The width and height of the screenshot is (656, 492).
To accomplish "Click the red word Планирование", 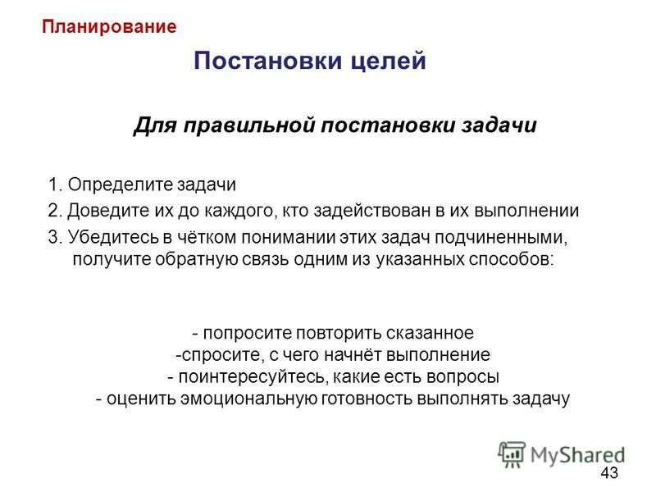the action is (x=109, y=27).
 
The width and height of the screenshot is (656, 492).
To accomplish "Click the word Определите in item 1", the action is (x=120, y=185).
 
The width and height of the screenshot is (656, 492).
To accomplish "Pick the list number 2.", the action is (x=55, y=211).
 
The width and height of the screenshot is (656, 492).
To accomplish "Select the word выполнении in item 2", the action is (x=526, y=211).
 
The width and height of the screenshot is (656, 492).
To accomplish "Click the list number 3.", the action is (x=55, y=237).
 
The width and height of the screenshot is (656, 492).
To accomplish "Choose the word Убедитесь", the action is (x=114, y=237).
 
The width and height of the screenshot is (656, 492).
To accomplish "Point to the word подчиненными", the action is (x=501, y=238).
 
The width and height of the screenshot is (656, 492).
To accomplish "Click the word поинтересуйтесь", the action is (x=251, y=377).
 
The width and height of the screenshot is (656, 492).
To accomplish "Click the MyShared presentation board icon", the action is (x=512, y=454).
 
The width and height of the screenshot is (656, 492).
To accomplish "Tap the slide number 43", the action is (x=609, y=473).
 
